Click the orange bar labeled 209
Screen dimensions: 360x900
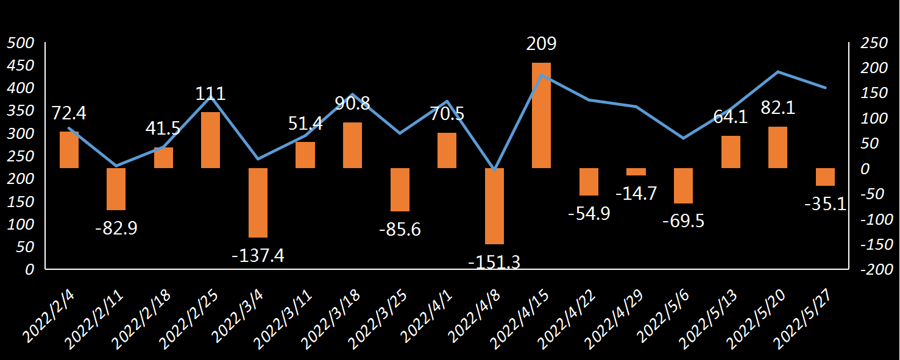[x=541, y=115]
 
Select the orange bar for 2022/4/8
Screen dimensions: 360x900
[x=494, y=206]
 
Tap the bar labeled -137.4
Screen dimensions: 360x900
[x=258, y=202]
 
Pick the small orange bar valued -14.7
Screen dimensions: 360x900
[x=636, y=172]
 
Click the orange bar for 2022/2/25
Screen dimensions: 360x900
[x=210, y=139]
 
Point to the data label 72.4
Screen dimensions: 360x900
[x=69, y=113]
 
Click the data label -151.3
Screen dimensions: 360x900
[x=494, y=262]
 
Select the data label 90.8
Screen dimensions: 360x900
[x=352, y=103]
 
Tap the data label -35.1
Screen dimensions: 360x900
[x=825, y=204]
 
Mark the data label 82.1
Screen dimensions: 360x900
[x=778, y=108]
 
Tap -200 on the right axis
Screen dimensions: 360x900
[x=874, y=270]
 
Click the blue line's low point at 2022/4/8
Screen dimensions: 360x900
[x=494, y=169]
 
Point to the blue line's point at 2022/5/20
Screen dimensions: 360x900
[x=778, y=72]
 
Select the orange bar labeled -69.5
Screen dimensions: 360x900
[x=683, y=185]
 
